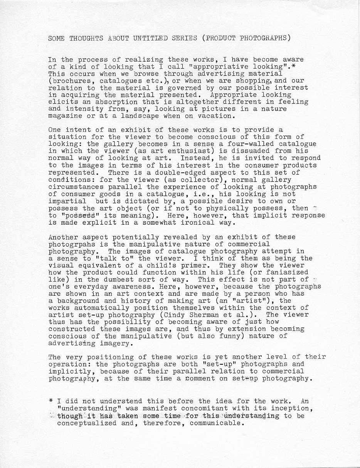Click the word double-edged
pos(182,173)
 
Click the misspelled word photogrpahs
pos(72,244)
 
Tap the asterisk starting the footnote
pos(51,401)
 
